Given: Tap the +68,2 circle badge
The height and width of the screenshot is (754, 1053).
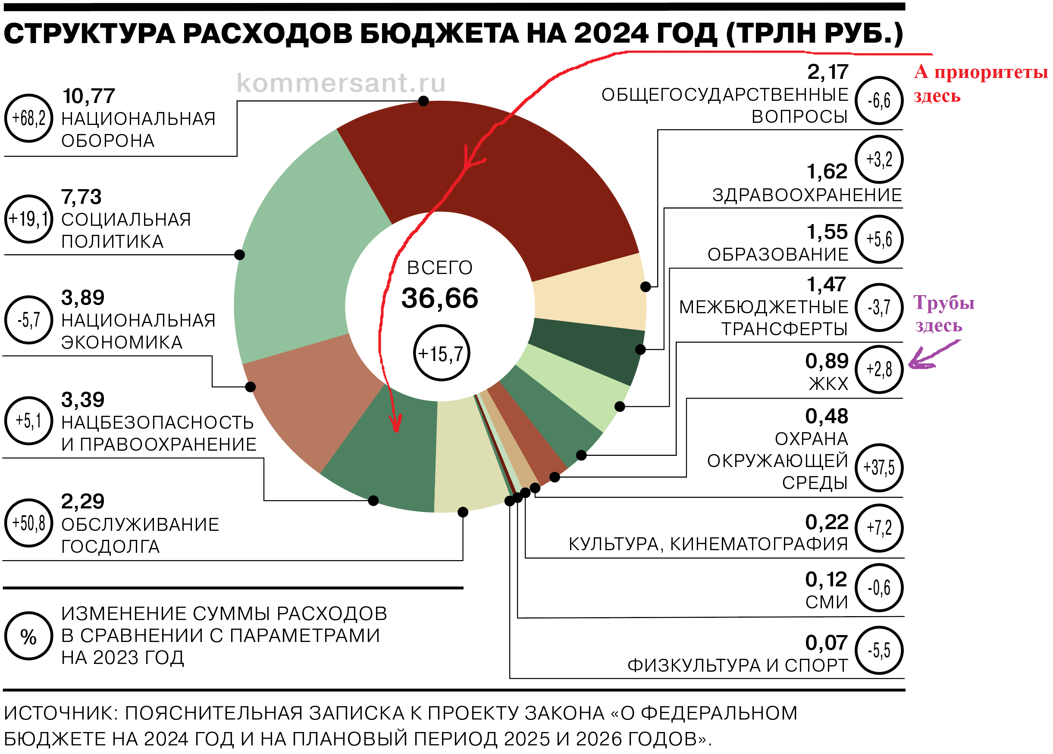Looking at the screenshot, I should point(28,118).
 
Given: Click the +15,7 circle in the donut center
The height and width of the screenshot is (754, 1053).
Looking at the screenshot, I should point(441,353).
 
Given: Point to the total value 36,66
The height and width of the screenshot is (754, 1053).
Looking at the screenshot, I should point(440,298).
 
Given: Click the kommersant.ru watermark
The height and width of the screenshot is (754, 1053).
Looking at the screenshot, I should point(341,84).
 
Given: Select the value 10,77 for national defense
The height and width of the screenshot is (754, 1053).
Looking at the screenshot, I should point(89,97).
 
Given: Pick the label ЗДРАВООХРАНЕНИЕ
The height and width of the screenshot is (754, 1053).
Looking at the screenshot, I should point(807,195).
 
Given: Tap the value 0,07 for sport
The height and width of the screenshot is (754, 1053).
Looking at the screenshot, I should point(827,643).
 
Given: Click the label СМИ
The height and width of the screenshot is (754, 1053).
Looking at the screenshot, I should point(827,602).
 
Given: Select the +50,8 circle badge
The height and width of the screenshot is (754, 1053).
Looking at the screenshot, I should point(28,523).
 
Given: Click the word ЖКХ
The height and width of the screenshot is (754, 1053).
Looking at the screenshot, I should point(828,384).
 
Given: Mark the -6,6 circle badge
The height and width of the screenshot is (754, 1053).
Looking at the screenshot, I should point(879,100).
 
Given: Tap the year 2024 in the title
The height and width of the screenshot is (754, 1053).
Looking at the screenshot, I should point(611,34).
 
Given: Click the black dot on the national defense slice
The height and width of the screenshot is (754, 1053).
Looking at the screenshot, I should point(423,101).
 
